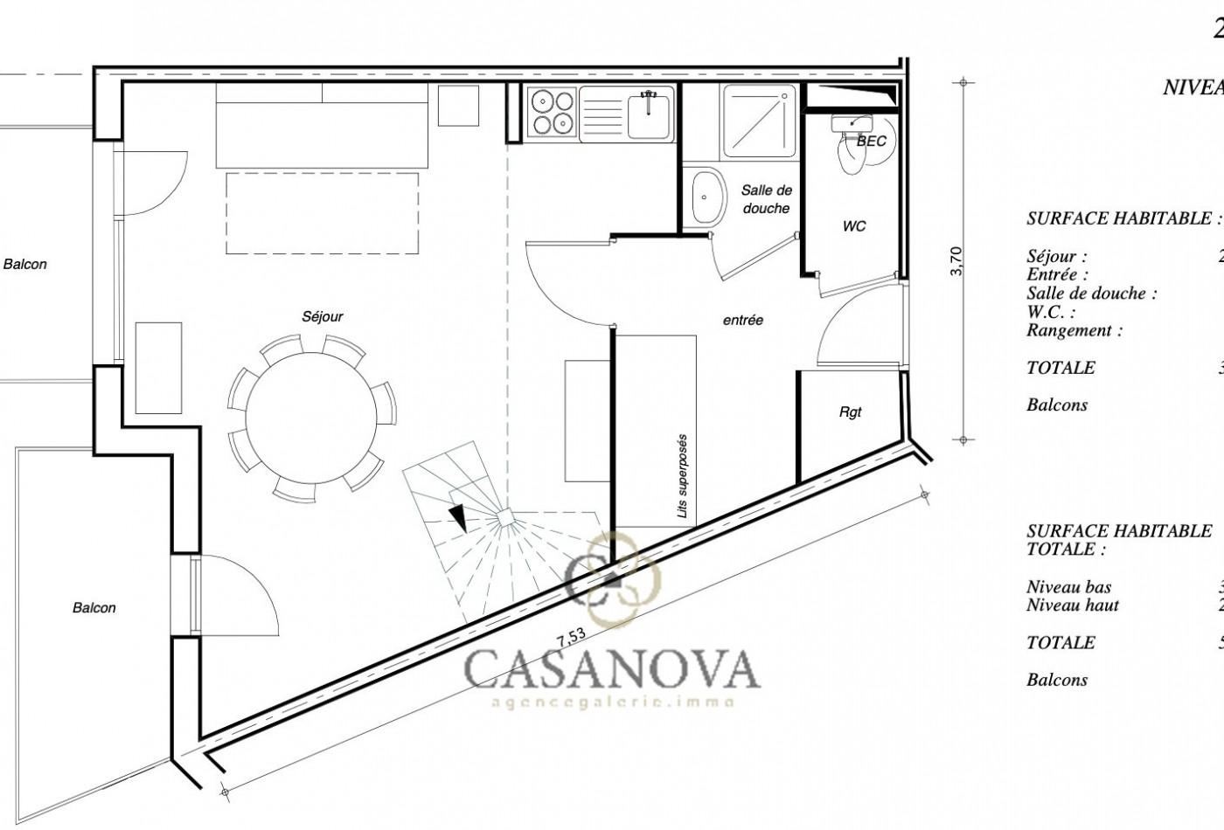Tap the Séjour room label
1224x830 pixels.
tap(323, 317)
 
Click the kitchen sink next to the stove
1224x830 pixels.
tap(648, 115)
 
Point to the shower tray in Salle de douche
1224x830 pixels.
tap(758, 121)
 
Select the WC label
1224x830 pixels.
tap(854, 226)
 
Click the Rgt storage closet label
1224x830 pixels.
tap(851, 412)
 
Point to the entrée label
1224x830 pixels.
tap(743, 321)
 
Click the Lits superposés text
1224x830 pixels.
tap(683, 476)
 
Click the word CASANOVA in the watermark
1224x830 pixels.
tap(611, 668)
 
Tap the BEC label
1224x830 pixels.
tap(872, 141)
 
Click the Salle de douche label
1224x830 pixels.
tap(766, 199)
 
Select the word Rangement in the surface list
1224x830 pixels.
tap(1074, 330)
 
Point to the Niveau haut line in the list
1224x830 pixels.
tap(1073, 605)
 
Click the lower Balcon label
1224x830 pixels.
tap(94, 608)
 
